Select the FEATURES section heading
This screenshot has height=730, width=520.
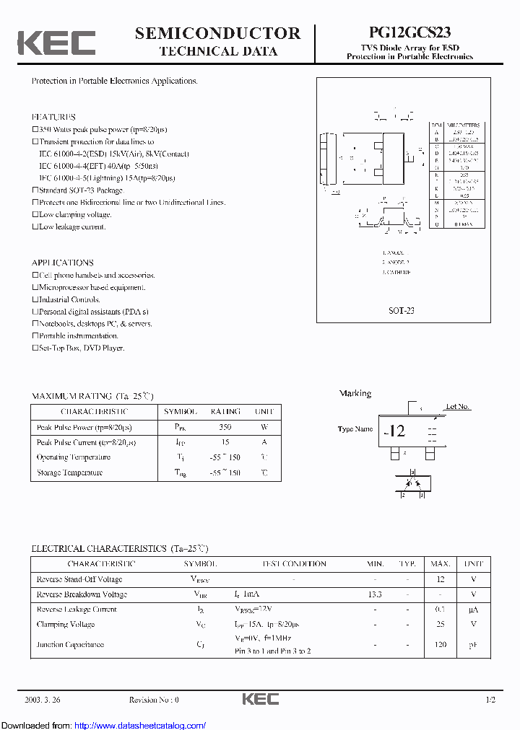click(53, 117)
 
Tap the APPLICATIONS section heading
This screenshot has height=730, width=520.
click(62, 263)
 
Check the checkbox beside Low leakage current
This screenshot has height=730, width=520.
click(35, 227)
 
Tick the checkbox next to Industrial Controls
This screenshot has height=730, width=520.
click(35, 299)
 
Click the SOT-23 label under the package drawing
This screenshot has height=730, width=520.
click(402, 310)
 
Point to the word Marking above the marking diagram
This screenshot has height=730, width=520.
click(355, 393)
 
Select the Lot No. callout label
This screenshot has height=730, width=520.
click(457, 407)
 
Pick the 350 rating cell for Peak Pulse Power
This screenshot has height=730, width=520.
click(225, 426)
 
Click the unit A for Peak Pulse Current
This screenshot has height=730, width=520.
click(264, 441)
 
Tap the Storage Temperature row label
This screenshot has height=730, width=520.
click(69, 472)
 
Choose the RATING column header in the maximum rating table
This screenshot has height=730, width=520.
click(225, 411)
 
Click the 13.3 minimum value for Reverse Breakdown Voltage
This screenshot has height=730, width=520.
click(374, 594)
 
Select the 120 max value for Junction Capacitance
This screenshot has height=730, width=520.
click(441, 645)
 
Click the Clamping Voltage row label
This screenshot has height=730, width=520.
click(65, 624)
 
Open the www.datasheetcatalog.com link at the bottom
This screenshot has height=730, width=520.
click(140, 726)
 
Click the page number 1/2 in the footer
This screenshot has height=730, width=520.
click(490, 700)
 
